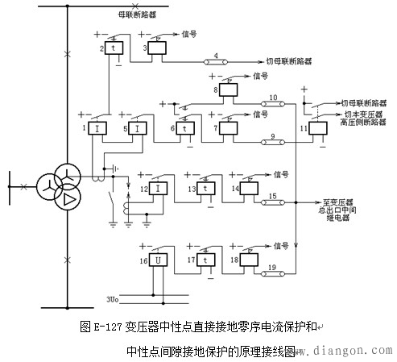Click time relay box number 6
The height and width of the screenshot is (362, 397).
click(185, 128)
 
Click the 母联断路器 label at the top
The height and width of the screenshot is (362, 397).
click(131, 15)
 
